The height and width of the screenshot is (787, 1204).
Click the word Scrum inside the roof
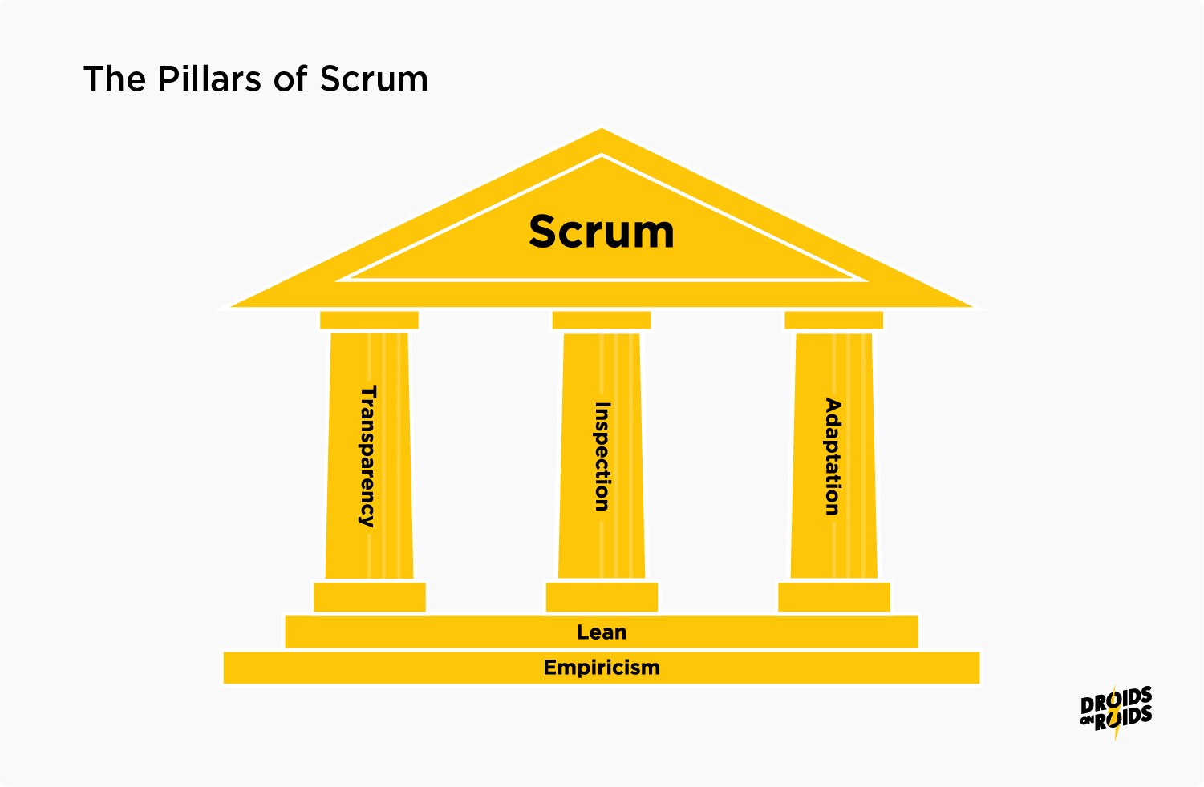point(602,232)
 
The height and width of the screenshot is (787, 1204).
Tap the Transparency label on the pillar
point(367,456)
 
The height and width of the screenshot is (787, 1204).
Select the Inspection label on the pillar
point(602,456)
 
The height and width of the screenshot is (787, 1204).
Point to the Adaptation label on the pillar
point(833,456)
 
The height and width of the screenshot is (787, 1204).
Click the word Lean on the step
point(602,632)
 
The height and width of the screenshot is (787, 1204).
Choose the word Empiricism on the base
point(602,668)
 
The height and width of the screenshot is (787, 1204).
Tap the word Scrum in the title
point(374,79)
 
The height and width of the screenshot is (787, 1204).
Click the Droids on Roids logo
point(1116,711)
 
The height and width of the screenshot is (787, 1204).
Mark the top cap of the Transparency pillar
point(369,320)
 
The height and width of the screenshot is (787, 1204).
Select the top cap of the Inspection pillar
point(602,320)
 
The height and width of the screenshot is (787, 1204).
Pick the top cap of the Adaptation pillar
point(833,320)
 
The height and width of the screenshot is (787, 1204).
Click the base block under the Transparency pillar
point(369,598)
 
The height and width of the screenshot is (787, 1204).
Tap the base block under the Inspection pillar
point(602,598)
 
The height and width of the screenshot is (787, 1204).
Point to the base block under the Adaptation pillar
point(833,598)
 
